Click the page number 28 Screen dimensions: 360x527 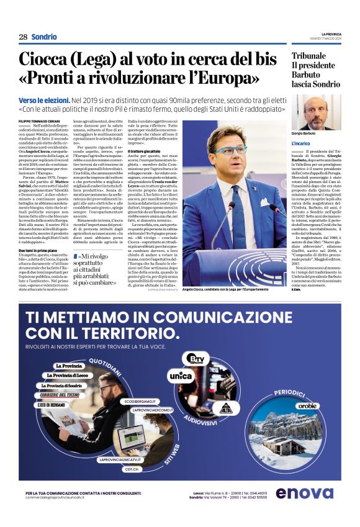(x=22, y=37)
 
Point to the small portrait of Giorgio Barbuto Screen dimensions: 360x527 (x=316, y=112)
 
